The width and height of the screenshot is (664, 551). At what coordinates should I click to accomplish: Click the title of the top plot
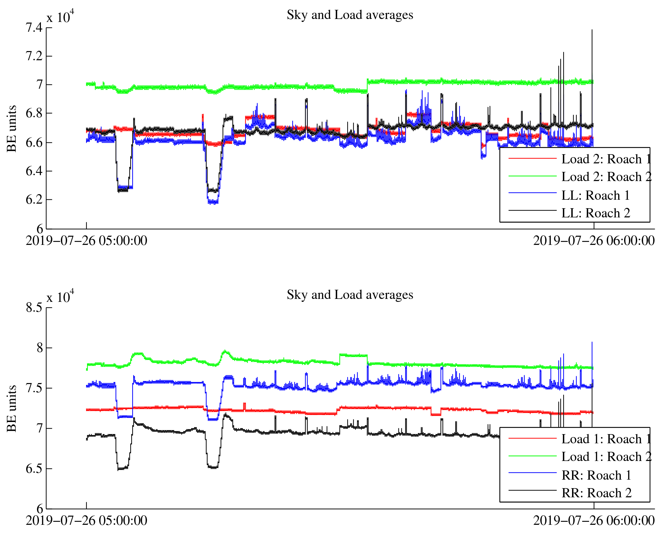pos(350,15)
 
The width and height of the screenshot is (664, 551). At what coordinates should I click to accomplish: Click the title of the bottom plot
pos(350,295)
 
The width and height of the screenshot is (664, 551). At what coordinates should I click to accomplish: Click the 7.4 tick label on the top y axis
pos(34,28)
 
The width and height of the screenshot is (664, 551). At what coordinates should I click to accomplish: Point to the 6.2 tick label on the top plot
pos(34,200)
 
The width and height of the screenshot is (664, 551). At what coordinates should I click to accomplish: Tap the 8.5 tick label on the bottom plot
pos(34,307)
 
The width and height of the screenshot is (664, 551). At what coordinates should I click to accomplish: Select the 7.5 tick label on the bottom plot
pos(34,388)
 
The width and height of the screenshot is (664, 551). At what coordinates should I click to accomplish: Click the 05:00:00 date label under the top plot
pos(86,241)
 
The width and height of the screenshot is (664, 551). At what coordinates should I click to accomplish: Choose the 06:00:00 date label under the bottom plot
pos(594,521)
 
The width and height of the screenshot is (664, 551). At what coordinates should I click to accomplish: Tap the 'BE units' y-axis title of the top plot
pos(12,128)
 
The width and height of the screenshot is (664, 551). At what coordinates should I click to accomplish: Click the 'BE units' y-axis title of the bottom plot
pos(12,408)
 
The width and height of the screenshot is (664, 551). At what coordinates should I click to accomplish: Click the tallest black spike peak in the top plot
pos(592,30)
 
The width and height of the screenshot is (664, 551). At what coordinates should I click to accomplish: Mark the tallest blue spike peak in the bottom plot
pos(592,342)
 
